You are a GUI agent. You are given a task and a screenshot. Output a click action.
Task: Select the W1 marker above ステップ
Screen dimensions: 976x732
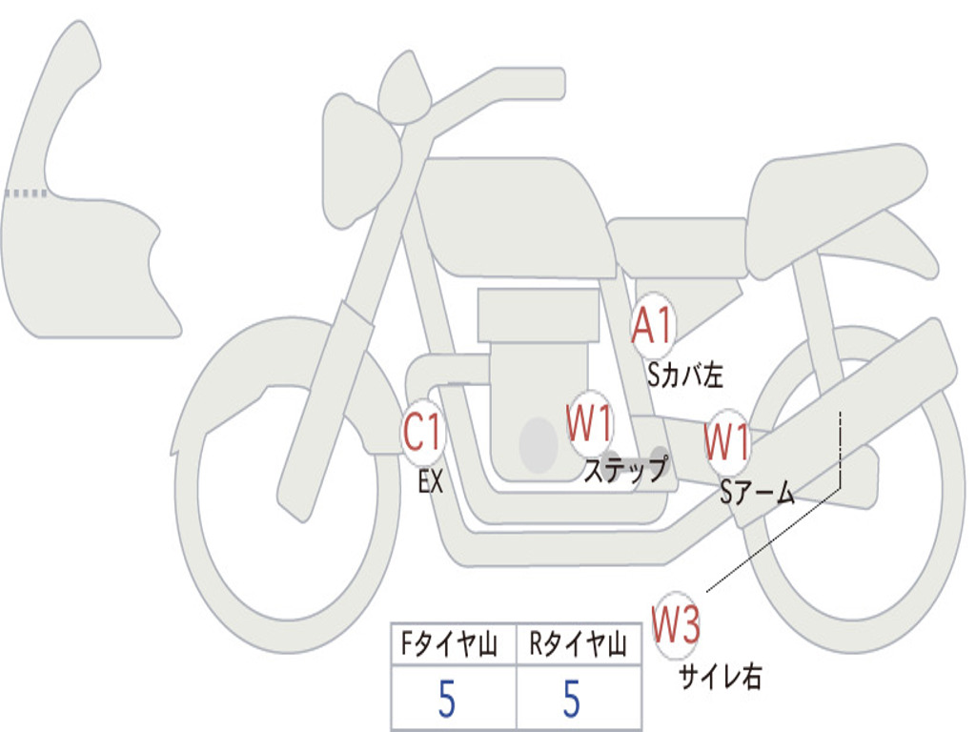click(590, 424)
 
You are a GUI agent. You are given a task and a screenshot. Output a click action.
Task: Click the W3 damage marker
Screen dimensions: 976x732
click(677, 625)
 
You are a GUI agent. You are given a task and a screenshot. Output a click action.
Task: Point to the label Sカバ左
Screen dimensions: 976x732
click(684, 376)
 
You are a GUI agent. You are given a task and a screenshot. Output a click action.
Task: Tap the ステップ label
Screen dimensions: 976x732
click(624, 470)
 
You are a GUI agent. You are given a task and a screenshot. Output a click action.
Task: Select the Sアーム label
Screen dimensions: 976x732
click(758, 493)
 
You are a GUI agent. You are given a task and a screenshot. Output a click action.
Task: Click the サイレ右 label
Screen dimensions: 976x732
click(720, 677)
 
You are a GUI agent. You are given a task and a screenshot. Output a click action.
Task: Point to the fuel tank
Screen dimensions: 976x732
click(515, 214)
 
